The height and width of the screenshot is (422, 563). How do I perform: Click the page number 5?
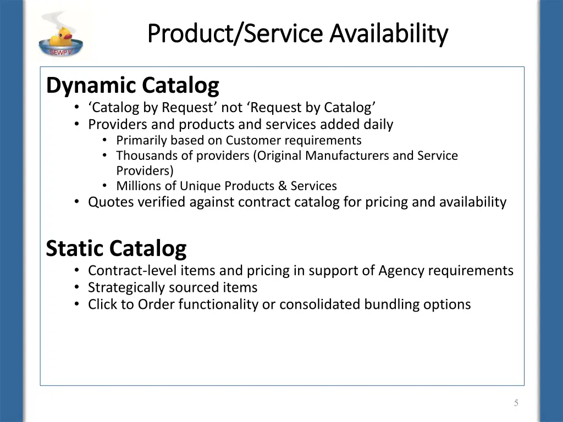coord(516,403)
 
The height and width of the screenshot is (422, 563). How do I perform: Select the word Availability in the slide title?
coord(389,34)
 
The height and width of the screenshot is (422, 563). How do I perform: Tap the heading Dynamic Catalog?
coord(133,85)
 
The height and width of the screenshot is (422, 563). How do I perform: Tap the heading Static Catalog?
coord(116,248)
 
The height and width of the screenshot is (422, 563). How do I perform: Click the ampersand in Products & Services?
coord(283,186)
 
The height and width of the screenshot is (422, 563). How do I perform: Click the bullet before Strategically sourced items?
coord(77,287)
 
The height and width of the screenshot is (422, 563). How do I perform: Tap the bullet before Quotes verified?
coord(77,202)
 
